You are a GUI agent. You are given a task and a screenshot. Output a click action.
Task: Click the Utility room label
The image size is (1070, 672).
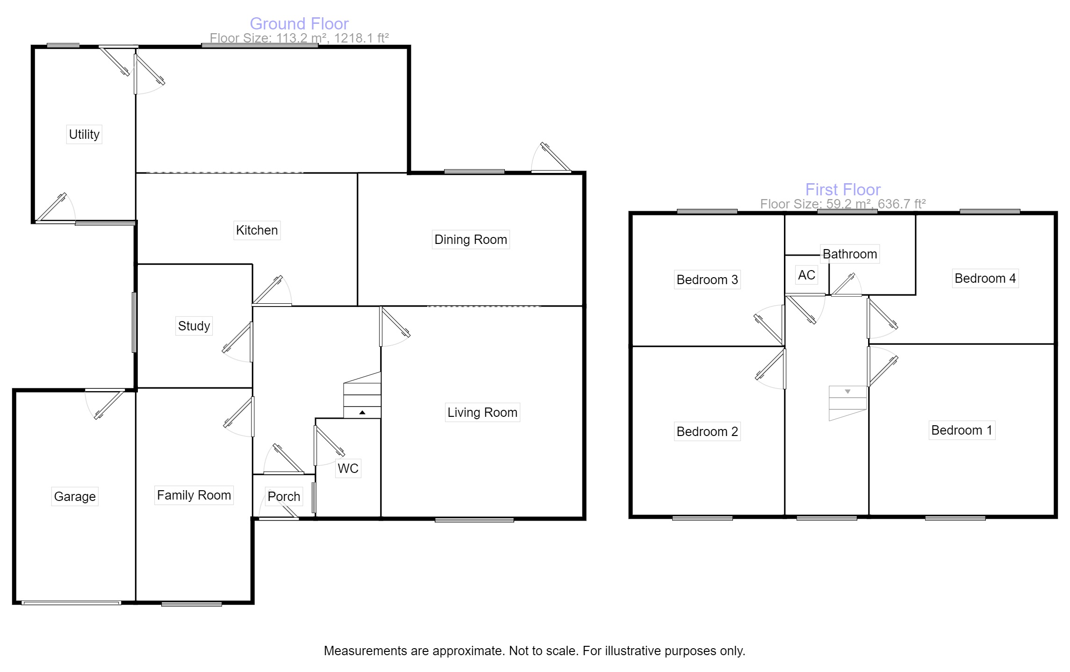(x=84, y=135)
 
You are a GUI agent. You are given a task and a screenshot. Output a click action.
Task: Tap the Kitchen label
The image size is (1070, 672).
(x=257, y=230)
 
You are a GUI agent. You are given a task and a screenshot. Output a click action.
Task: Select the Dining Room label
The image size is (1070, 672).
(x=470, y=240)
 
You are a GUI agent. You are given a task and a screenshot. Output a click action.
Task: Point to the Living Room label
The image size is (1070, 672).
(x=482, y=413)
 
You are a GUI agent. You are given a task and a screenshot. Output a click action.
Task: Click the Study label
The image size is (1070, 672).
(x=194, y=326)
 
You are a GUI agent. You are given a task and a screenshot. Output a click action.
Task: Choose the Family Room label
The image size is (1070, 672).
(x=194, y=495)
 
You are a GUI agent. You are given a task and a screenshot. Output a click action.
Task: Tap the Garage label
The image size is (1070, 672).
(x=75, y=497)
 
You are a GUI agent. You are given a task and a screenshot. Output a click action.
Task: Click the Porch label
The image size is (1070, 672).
(x=284, y=497)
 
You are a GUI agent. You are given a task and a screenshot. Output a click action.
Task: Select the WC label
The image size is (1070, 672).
(x=348, y=469)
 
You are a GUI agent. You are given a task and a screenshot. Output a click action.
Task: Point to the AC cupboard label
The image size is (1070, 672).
(x=806, y=275)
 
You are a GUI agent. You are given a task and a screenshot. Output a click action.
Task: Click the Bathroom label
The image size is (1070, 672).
(x=849, y=254)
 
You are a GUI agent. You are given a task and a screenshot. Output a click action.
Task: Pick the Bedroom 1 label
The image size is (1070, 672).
(x=962, y=430)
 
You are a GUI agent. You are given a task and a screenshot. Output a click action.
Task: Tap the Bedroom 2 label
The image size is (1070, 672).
(x=707, y=432)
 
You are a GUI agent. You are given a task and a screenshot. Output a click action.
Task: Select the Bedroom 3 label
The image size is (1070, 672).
(x=707, y=280)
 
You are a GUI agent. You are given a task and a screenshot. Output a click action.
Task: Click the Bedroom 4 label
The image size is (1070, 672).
(x=985, y=279)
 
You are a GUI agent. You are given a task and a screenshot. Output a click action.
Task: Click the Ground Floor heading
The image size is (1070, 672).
(x=299, y=24)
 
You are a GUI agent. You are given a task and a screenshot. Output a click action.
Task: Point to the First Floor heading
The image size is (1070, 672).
(x=843, y=190)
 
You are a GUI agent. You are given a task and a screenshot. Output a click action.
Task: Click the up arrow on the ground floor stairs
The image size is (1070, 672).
(x=362, y=413)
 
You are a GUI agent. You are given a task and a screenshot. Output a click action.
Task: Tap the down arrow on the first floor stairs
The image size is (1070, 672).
(x=847, y=392)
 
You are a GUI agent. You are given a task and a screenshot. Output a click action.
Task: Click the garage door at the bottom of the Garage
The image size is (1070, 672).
(x=71, y=603)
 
